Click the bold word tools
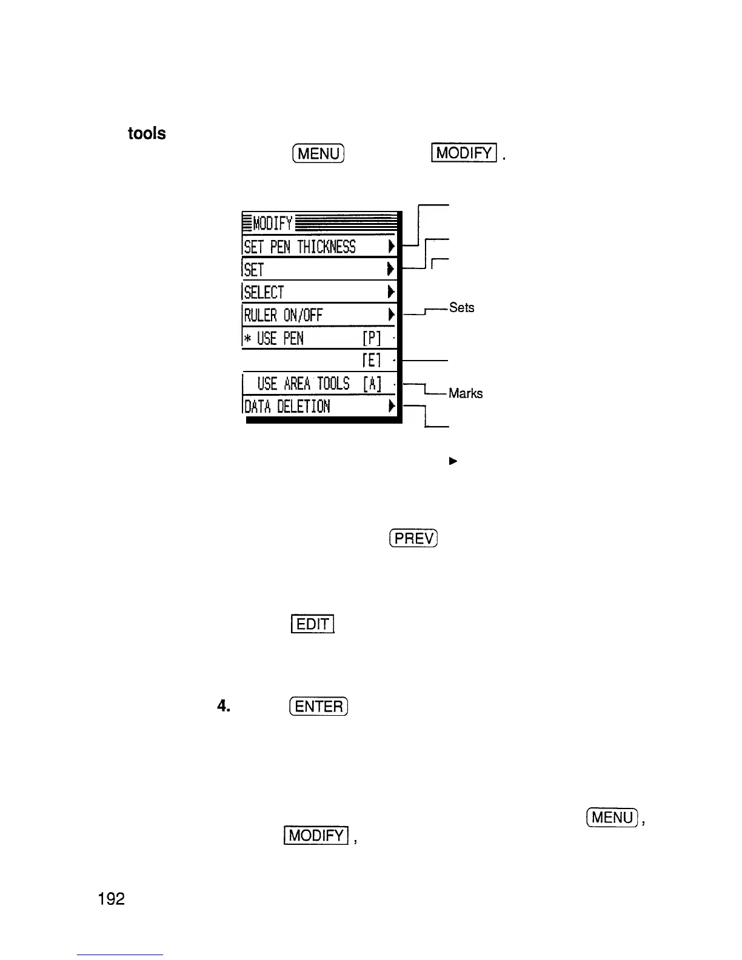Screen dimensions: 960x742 coord(147,133)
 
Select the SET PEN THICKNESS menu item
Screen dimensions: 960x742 coord(299,247)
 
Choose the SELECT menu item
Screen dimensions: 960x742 coord(264,292)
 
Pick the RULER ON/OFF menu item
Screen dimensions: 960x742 coord(282,315)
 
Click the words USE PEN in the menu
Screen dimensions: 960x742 coord(280,338)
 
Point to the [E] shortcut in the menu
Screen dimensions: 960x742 coord(370,361)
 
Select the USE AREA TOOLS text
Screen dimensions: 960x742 coord(303,384)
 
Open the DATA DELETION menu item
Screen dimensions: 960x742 coord(287,406)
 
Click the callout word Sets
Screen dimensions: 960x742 coord(461,308)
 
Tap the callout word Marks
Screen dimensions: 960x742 coord(466,394)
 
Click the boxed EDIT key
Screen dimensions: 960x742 coord(313,624)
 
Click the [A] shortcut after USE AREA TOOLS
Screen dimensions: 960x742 coord(372,384)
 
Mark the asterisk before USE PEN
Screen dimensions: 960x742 coord(248,338)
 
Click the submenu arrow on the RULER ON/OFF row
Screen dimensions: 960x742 coord(391,315)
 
